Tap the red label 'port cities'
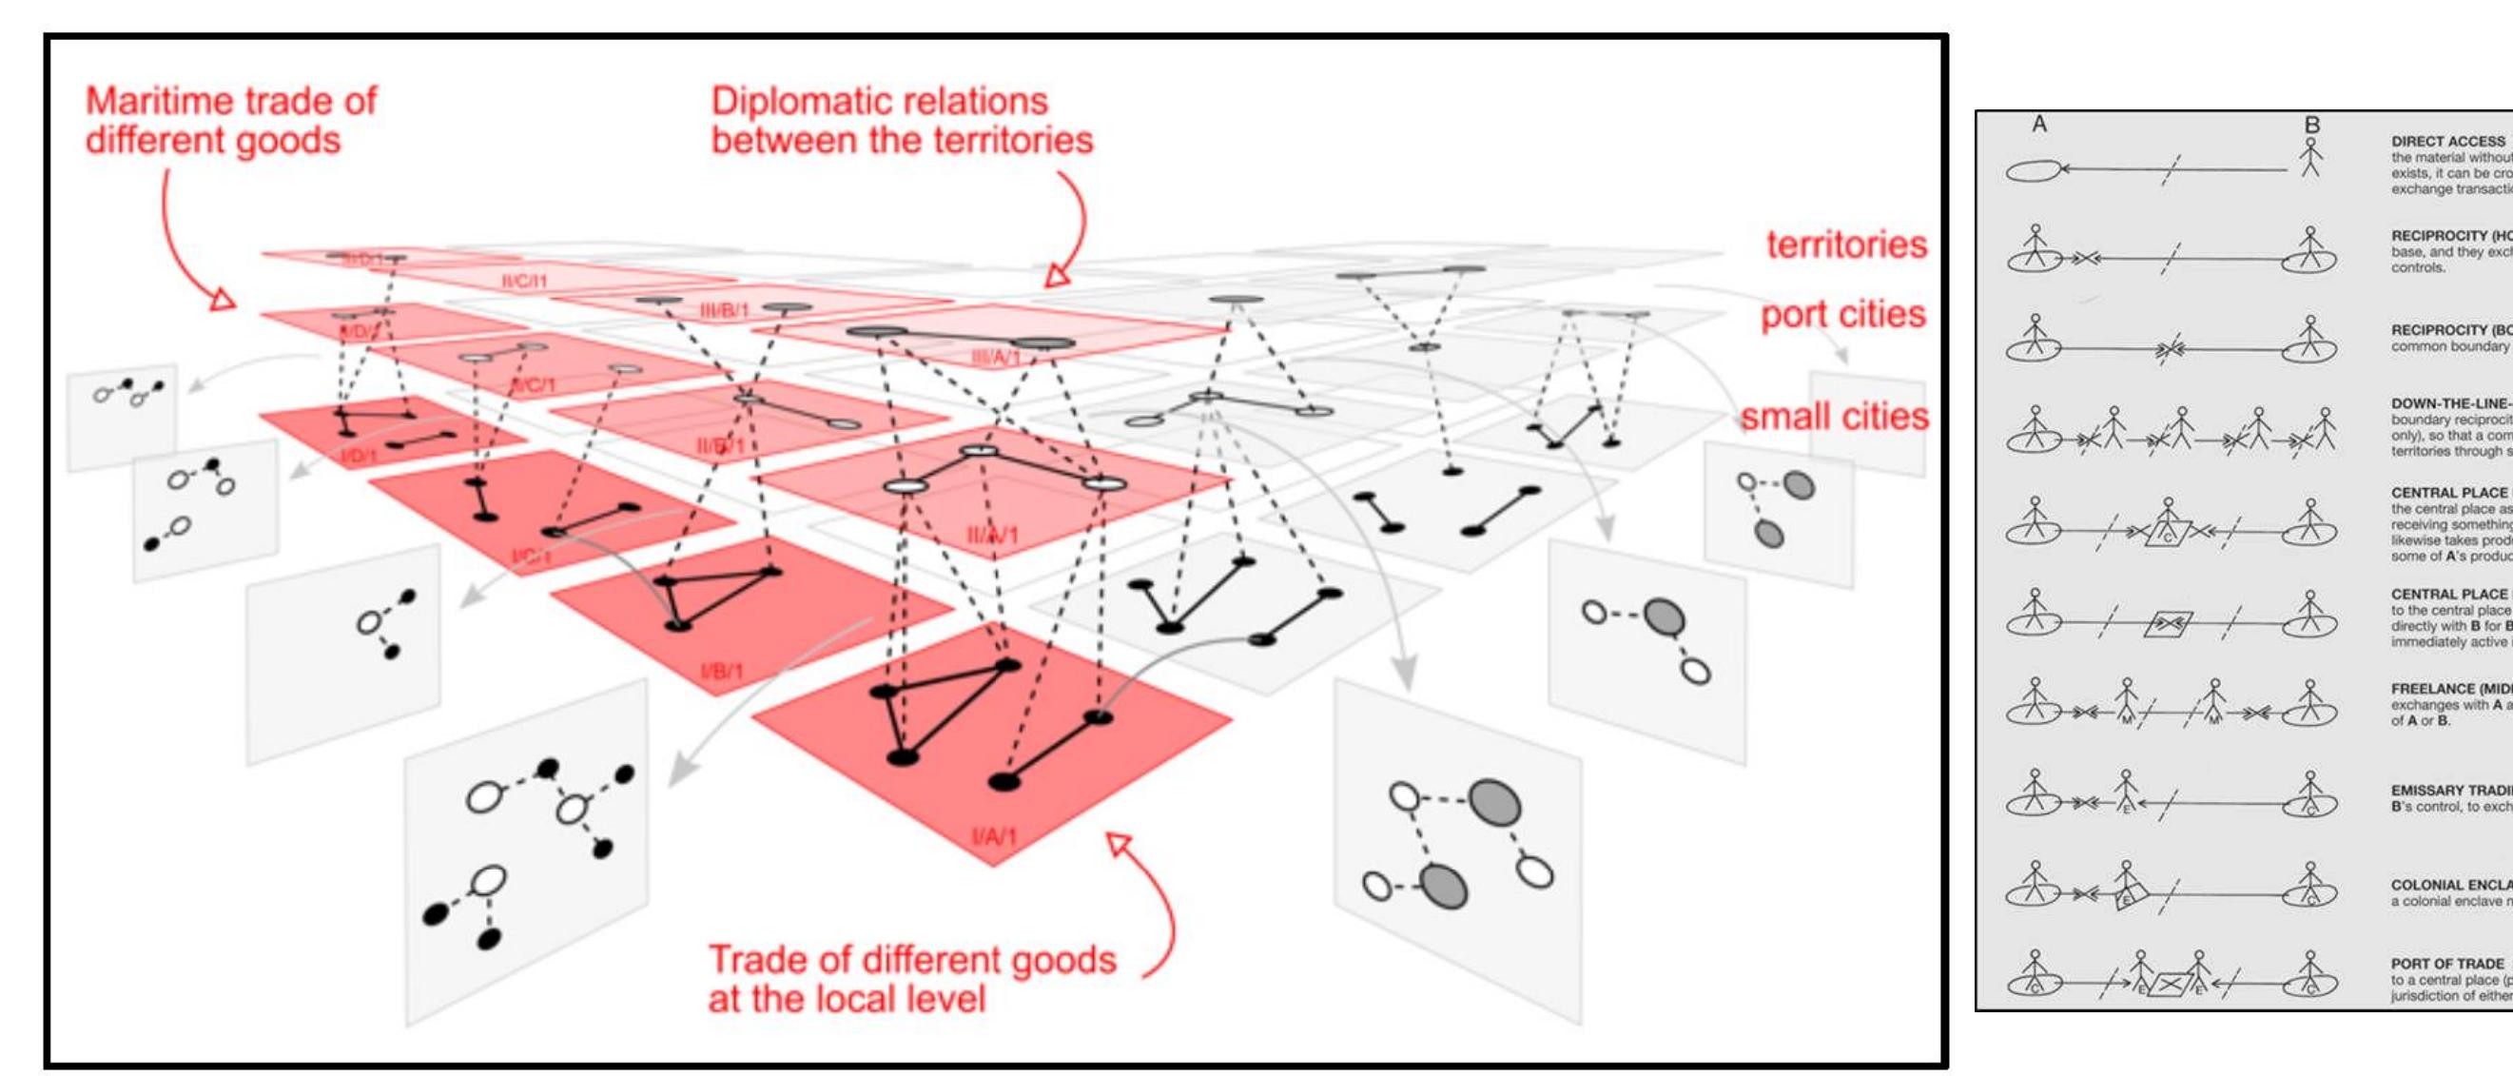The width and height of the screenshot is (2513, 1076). click(x=1841, y=314)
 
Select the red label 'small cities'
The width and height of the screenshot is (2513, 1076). click(x=1834, y=417)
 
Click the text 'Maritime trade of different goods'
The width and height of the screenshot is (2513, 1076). click(x=230, y=121)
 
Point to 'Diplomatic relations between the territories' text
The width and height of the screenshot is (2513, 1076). click(x=902, y=121)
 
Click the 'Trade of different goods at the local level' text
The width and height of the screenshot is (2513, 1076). click(x=911, y=978)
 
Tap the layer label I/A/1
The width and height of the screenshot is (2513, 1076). click(x=994, y=836)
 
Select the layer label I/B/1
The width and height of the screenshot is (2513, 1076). click(x=721, y=671)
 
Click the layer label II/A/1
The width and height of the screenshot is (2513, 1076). click(x=992, y=535)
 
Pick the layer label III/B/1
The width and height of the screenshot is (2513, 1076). click(x=724, y=310)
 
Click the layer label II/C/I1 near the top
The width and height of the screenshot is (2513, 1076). click(x=525, y=281)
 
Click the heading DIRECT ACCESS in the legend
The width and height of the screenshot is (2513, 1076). click(x=2447, y=142)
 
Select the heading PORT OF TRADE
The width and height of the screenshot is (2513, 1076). click(x=2446, y=963)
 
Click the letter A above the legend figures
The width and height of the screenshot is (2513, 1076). click(x=2039, y=125)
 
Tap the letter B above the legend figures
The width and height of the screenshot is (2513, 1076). click(x=2311, y=125)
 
